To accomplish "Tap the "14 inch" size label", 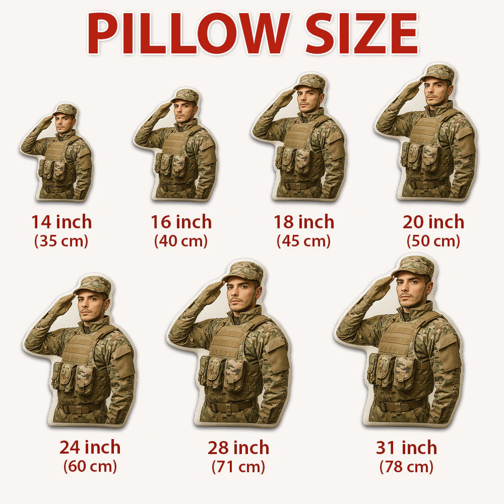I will pos(61,222).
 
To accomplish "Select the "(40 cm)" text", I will pos(181,241).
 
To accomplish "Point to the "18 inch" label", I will pos(304,222).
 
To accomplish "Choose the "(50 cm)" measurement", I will pos(433,241).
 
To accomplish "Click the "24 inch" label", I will pos(90,447).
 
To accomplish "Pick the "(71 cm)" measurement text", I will pos(238,467).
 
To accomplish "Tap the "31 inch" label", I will pos(406,447).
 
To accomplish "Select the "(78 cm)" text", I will pos(406,467).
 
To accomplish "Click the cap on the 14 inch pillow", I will pos(66,109).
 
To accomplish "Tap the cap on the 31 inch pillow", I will pos(413,266).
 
